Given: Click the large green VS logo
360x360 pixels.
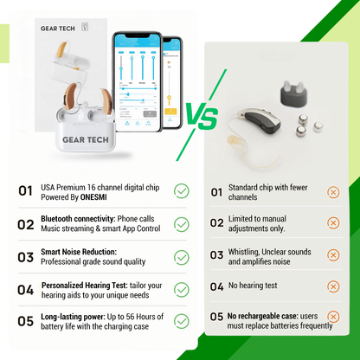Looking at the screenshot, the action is (202, 116).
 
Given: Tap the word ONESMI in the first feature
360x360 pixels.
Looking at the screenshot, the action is (93, 197).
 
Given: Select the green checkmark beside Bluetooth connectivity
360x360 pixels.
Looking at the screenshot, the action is (182, 224).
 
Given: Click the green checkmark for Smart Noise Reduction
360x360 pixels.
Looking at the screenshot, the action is (182, 257).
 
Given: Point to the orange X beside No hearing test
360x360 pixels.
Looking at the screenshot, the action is (333, 286).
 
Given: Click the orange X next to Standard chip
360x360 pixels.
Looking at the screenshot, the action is (333, 192).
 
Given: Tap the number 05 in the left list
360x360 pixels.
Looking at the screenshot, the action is (25, 321).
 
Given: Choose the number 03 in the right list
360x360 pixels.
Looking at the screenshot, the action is (216, 255).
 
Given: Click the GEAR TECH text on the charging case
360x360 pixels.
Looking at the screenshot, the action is (86, 140).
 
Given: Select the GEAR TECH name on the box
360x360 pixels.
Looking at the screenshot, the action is (58, 29).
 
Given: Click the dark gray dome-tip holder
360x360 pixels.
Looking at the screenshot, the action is (293, 93).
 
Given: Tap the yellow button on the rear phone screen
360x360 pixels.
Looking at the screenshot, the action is (170, 112).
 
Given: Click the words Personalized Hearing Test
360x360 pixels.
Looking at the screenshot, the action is (84, 286).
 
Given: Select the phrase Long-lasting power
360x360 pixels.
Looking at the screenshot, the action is (73, 317).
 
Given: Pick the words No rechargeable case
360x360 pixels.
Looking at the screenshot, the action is (262, 316).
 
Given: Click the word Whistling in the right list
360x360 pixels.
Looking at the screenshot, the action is (244, 252).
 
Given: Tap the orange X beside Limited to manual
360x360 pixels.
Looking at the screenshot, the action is (333, 223).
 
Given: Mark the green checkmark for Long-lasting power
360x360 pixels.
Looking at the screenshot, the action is (182, 321).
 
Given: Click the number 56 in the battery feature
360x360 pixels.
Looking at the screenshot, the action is (131, 317).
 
